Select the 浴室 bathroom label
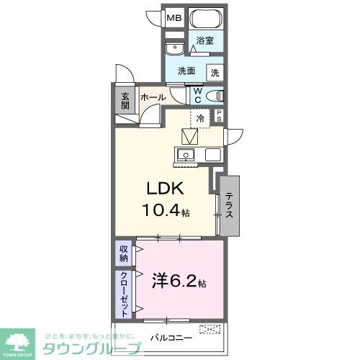(x=205, y=41)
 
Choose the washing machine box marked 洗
(x=215, y=72)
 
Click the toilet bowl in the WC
(x=215, y=95)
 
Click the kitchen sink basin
(x=186, y=155)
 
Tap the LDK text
(x=168, y=189)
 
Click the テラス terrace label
(x=229, y=205)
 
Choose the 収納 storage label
(x=124, y=253)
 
